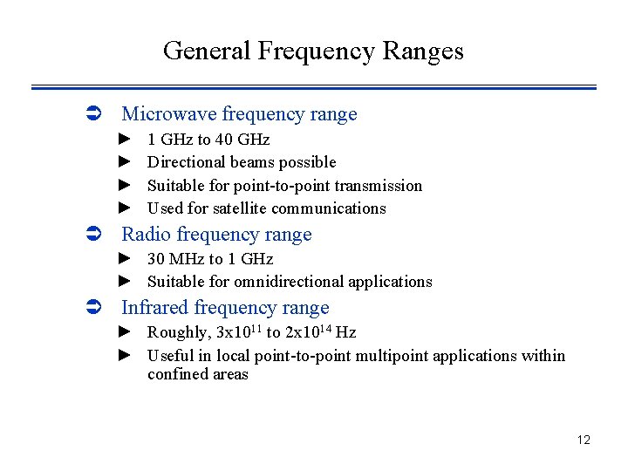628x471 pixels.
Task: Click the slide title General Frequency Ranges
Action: tap(313, 51)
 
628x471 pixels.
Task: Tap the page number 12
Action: tap(584, 440)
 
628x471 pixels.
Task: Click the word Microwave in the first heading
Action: tap(169, 114)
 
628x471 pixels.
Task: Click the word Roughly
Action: tap(178, 332)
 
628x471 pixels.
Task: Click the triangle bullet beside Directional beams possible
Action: tap(124, 161)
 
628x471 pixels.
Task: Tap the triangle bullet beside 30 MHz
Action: tap(124, 258)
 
